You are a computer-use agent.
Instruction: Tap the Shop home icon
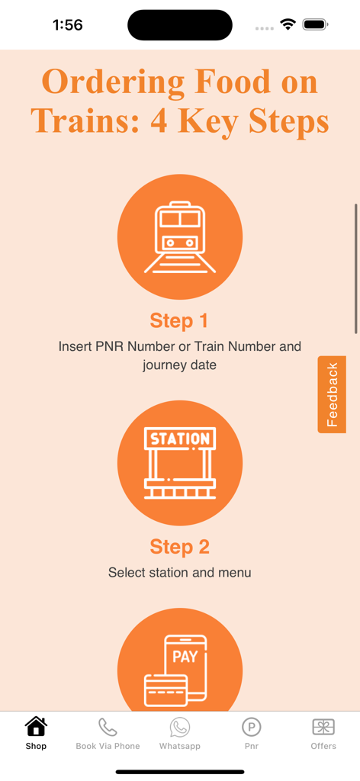pyautogui.click(x=36, y=726)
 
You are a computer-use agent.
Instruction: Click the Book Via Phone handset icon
pyautogui.click(x=108, y=727)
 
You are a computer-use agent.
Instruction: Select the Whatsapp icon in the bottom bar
pyautogui.click(x=179, y=727)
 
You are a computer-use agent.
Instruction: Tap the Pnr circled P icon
pyautogui.click(x=252, y=727)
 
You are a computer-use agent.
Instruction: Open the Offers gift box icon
pyautogui.click(x=323, y=727)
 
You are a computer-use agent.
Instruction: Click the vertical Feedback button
pyautogui.click(x=332, y=394)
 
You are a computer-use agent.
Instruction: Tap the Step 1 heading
pyautogui.click(x=179, y=321)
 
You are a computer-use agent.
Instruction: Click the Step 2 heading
pyautogui.click(x=179, y=547)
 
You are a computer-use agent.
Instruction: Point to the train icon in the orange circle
pyautogui.click(x=180, y=237)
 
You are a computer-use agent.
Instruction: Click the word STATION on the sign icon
pyautogui.click(x=180, y=439)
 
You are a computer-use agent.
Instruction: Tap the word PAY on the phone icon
pyautogui.click(x=185, y=657)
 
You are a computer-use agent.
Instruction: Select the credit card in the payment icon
pyautogui.click(x=166, y=690)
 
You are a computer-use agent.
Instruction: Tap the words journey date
pyautogui.click(x=179, y=365)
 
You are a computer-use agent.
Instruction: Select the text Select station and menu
pyautogui.click(x=180, y=573)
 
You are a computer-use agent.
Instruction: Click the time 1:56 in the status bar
pyautogui.click(x=68, y=24)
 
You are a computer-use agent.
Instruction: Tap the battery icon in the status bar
pyautogui.click(x=315, y=24)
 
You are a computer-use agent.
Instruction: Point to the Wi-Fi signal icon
pyautogui.click(x=288, y=24)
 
